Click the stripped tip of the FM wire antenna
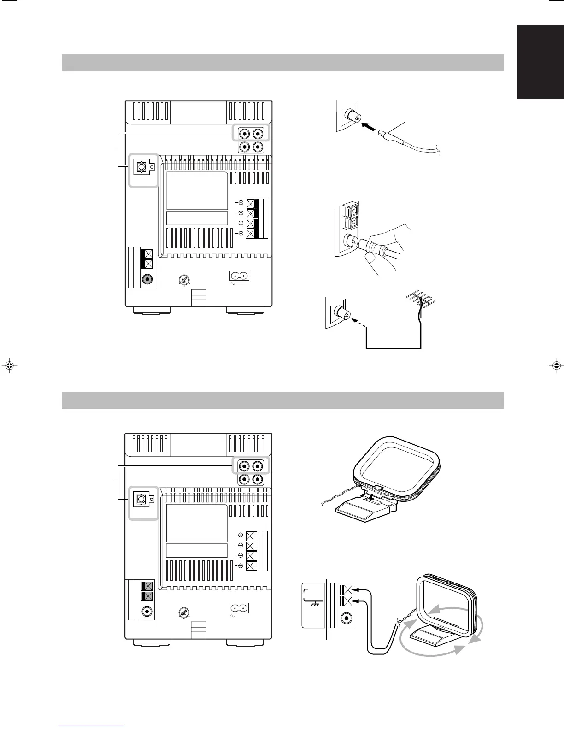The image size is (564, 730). tap(382, 134)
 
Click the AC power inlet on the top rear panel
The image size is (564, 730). tap(239, 276)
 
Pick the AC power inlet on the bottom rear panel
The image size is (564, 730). tap(239, 608)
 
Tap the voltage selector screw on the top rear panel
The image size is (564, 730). tap(184, 280)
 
